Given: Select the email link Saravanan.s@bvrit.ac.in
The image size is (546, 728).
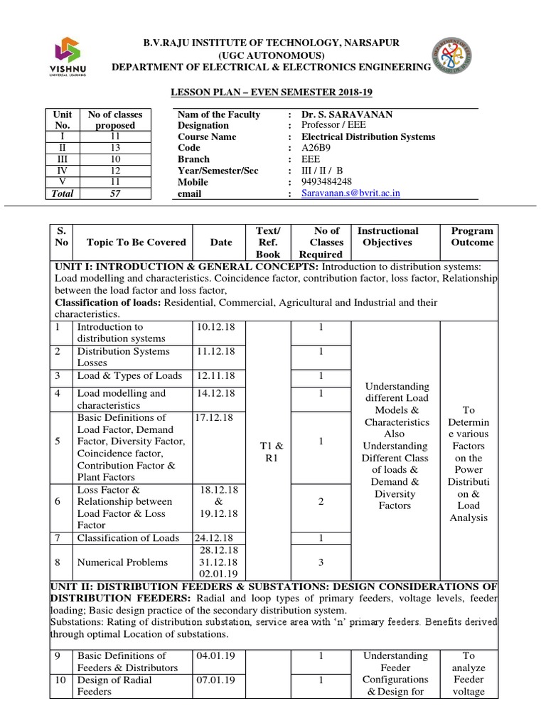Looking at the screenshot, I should point(350,193).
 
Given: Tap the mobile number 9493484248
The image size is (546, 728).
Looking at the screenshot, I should point(326,182).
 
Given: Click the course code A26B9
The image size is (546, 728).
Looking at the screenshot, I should point(317,148).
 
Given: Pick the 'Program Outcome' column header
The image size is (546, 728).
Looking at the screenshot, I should point(471,236).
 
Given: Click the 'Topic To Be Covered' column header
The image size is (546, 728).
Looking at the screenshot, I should point(132,242).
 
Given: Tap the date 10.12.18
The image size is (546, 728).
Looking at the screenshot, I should point(210,326).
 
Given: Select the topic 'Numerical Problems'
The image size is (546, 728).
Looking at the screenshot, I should point(122,562).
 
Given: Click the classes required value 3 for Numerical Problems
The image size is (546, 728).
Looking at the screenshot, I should point(321,562).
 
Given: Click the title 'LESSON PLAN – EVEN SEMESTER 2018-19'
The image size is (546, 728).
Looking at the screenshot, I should point(274,92).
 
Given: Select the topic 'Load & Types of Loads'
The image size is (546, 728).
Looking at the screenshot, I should point(129,375).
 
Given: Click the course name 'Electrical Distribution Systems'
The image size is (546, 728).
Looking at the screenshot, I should point(368,136).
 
